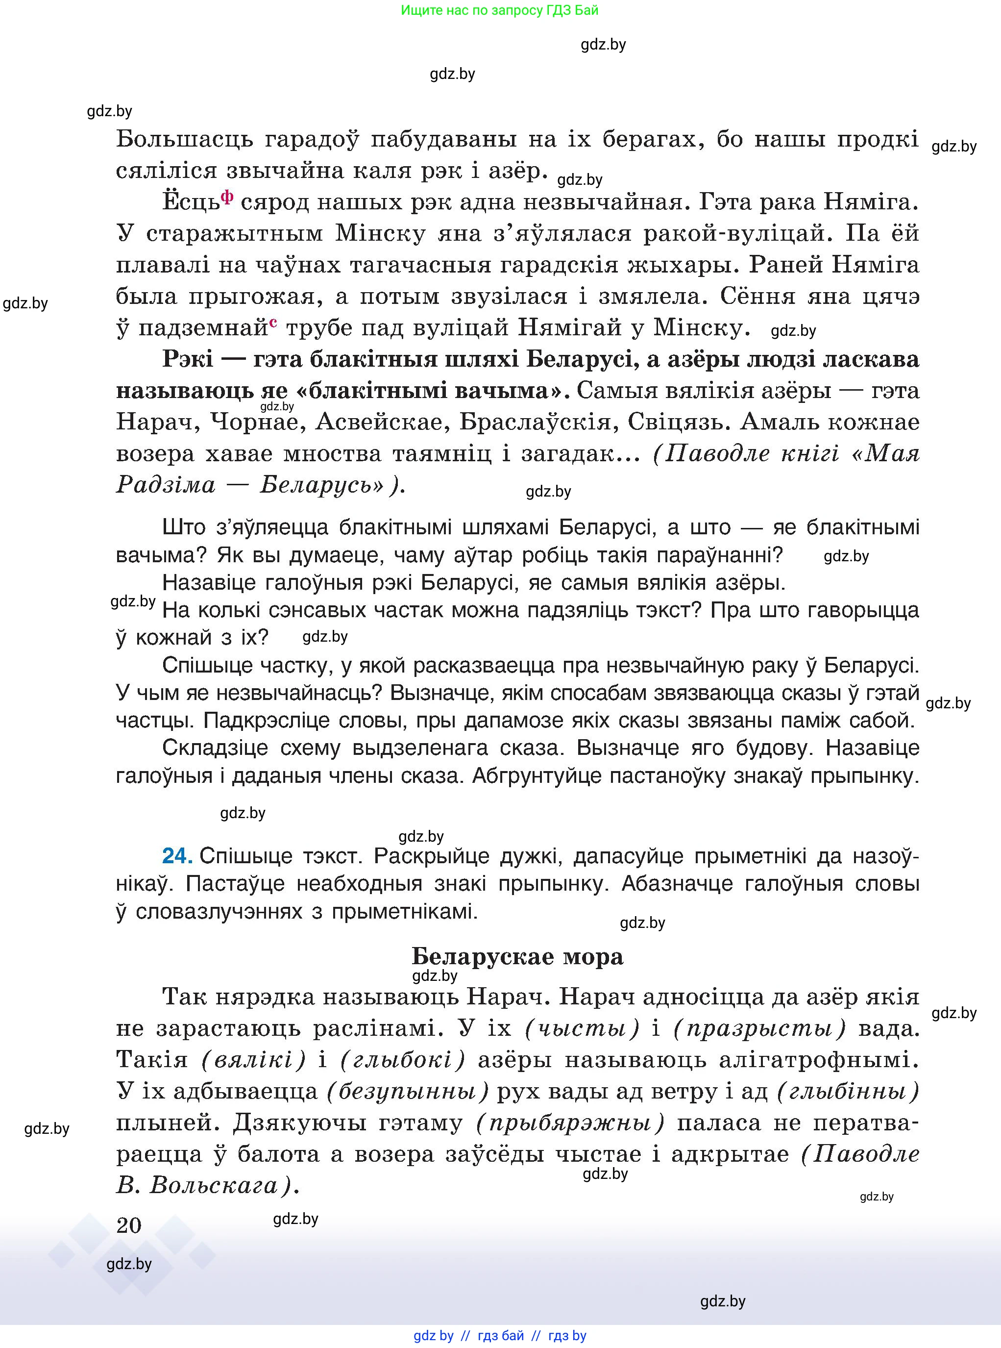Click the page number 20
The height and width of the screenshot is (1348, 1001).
pyautogui.click(x=128, y=1225)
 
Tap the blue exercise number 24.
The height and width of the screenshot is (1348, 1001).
pyautogui.click(x=177, y=856)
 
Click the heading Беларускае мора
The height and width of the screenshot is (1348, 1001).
pyautogui.click(x=517, y=956)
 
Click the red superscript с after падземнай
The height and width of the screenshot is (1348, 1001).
pyautogui.click(x=274, y=323)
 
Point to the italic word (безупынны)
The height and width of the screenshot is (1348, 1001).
pyautogui.click(x=407, y=1092)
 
